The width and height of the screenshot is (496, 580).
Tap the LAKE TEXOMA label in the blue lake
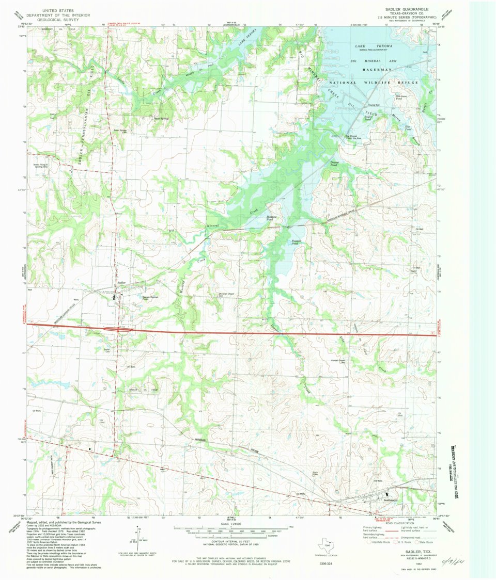(367, 46)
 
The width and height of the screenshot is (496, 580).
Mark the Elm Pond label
(408, 127)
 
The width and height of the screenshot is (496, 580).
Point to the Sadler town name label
(122, 283)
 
